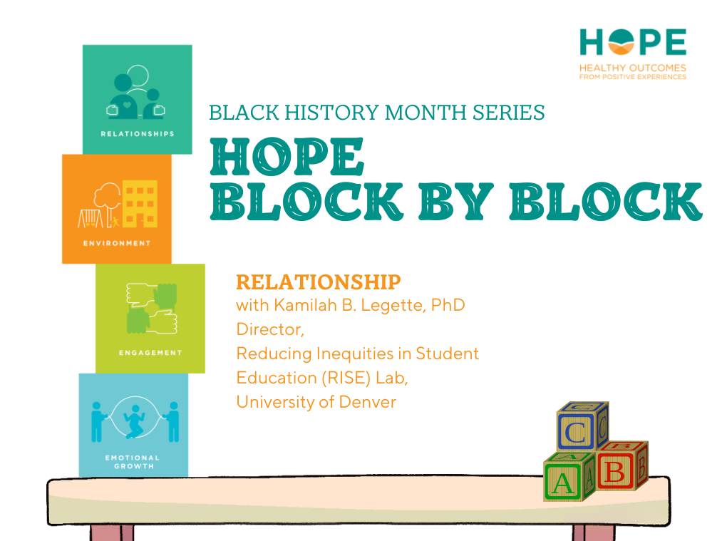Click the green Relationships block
tap(137, 99)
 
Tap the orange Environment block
tap(116, 209)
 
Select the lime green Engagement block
tap(150, 319)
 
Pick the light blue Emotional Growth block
tap(133, 425)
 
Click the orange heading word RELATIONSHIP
tap(318, 282)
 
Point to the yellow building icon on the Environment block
tap(140, 202)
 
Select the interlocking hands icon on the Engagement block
tap(151, 308)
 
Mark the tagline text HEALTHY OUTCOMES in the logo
tap(633, 68)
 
